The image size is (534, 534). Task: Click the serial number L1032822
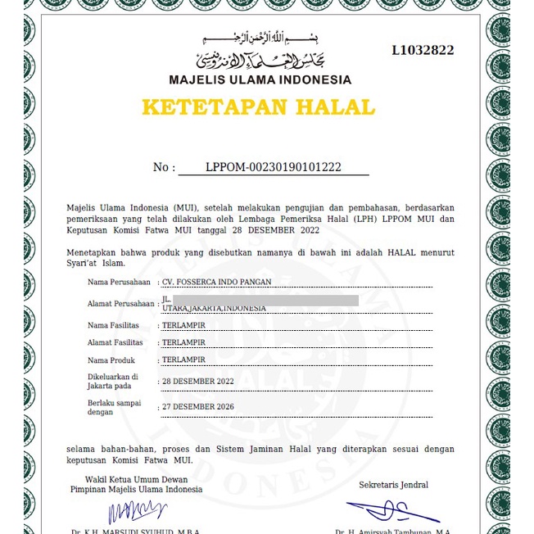(x=423, y=51)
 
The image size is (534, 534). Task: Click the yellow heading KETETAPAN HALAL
(x=258, y=107)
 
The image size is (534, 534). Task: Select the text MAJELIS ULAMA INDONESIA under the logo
(x=260, y=80)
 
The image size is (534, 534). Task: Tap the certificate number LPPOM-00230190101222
(x=274, y=167)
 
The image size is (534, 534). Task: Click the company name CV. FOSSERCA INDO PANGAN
(x=217, y=282)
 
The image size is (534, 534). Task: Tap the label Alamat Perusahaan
(x=121, y=304)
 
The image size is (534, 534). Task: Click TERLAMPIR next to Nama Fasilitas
(x=183, y=325)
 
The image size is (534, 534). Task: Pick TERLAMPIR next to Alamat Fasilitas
(x=183, y=342)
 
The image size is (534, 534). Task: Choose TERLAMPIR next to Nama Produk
(x=183, y=360)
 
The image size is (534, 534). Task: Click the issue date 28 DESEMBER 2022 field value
(x=198, y=382)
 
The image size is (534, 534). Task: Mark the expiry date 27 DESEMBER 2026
(x=198, y=407)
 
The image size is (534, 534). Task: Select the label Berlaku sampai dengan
(x=115, y=407)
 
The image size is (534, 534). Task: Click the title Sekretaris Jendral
(x=393, y=485)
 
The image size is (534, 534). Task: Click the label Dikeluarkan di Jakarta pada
(x=113, y=381)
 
